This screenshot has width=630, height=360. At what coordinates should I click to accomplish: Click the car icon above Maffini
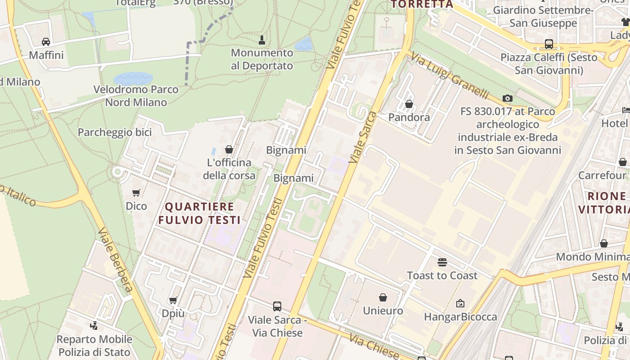(45, 42)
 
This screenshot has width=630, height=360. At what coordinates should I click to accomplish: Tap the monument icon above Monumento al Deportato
(261, 40)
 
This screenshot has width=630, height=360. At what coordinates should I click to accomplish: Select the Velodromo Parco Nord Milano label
(136, 96)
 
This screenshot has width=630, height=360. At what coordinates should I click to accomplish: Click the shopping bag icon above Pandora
(409, 104)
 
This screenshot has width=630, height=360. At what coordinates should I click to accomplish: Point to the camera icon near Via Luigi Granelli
(508, 98)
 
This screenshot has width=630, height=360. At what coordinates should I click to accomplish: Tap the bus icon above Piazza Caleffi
(549, 44)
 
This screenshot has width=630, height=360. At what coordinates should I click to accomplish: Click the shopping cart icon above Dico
(136, 193)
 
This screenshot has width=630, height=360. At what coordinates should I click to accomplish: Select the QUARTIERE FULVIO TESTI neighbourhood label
(199, 213)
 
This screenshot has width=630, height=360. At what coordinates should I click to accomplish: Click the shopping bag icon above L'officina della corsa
(229, 149)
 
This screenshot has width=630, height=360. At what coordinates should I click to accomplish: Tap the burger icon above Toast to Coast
(442, 262)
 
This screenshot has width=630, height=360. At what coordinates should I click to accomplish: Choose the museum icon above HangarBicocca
(460, 304)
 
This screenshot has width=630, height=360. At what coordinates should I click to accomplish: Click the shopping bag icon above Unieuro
(383, 297)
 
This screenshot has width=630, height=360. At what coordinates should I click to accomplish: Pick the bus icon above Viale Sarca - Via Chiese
(277, 306)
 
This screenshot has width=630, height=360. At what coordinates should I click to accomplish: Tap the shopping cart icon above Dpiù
(173, 300)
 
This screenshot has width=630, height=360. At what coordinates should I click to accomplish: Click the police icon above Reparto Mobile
(94, 326)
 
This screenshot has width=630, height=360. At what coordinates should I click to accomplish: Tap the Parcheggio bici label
(115, 132)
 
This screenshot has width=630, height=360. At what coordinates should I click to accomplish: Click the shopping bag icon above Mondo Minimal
(604, 243)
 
